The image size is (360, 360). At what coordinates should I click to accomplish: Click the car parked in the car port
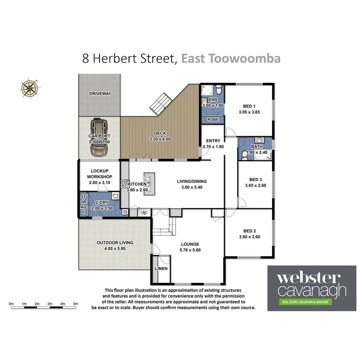[x=99, y=137]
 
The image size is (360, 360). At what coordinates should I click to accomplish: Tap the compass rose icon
[x=29, y=88]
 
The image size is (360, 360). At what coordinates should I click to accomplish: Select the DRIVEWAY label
[x=100, y=94]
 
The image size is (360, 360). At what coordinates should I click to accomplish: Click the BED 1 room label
[x=249, y=106]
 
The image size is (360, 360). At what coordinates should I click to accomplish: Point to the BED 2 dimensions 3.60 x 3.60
[x=249, y=237]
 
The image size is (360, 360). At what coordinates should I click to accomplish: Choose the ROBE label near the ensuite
[x=213, y=119]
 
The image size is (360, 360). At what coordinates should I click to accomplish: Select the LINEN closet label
[x=161, y=269]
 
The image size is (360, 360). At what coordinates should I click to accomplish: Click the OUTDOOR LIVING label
[x=115, y=243]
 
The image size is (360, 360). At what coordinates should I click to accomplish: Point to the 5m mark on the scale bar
[x=76, y=304]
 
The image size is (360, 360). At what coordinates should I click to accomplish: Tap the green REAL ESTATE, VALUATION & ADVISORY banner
[x=306, y=302]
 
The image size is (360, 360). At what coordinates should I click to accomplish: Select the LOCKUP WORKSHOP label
[x=99, y=174]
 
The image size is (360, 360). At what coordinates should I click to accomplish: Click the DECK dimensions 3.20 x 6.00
[x=160, y=139]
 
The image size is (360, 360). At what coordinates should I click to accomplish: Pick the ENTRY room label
[x=213, y=141]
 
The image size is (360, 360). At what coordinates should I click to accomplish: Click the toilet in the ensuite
[x=219, y=90]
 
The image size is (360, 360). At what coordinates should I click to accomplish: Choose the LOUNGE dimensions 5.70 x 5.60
[x=190, y=250]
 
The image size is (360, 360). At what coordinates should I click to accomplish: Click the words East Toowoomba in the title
[x=231, y=58]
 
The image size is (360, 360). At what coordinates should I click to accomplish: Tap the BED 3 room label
[x=255, y=179]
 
